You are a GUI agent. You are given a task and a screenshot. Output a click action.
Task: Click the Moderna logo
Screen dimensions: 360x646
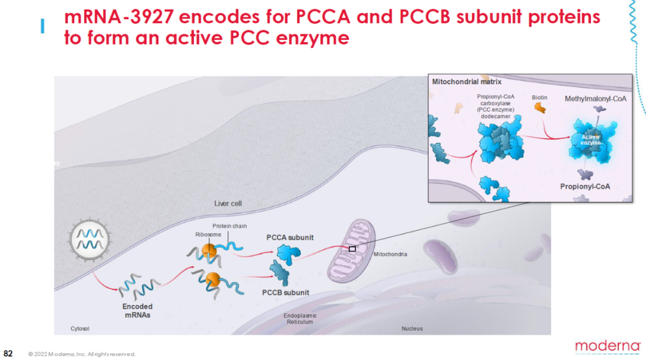[607, 346]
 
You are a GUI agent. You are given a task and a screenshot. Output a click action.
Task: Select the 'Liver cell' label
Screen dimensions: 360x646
[228, 203]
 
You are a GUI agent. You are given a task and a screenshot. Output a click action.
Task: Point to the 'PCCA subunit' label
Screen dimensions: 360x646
[290, 237]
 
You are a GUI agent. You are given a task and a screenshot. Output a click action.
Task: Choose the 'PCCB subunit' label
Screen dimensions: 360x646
[285, 292]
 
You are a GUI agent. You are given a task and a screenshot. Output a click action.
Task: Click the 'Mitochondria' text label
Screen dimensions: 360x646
[390, 254]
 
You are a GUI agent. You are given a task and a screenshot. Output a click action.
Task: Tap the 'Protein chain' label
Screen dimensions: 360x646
[230, 226]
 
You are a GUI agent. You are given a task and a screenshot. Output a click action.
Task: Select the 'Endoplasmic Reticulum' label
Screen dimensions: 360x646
[300, 319]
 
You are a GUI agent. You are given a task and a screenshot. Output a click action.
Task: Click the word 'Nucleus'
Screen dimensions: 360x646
[412, 328]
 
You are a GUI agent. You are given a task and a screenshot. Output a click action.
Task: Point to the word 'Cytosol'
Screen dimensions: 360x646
[80, 328]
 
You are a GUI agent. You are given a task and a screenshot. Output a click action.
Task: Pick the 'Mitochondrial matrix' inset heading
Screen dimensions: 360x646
[467, 81]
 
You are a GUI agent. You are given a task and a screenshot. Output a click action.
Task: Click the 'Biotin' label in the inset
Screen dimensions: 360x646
[540, 97]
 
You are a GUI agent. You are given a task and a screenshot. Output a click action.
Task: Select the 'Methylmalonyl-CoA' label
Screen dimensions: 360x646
[595, 98]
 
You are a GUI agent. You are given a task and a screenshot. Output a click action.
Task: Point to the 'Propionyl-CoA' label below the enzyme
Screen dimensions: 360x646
[585, 187]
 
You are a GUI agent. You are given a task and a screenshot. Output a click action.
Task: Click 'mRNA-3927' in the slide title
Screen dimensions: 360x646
[117, 17]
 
